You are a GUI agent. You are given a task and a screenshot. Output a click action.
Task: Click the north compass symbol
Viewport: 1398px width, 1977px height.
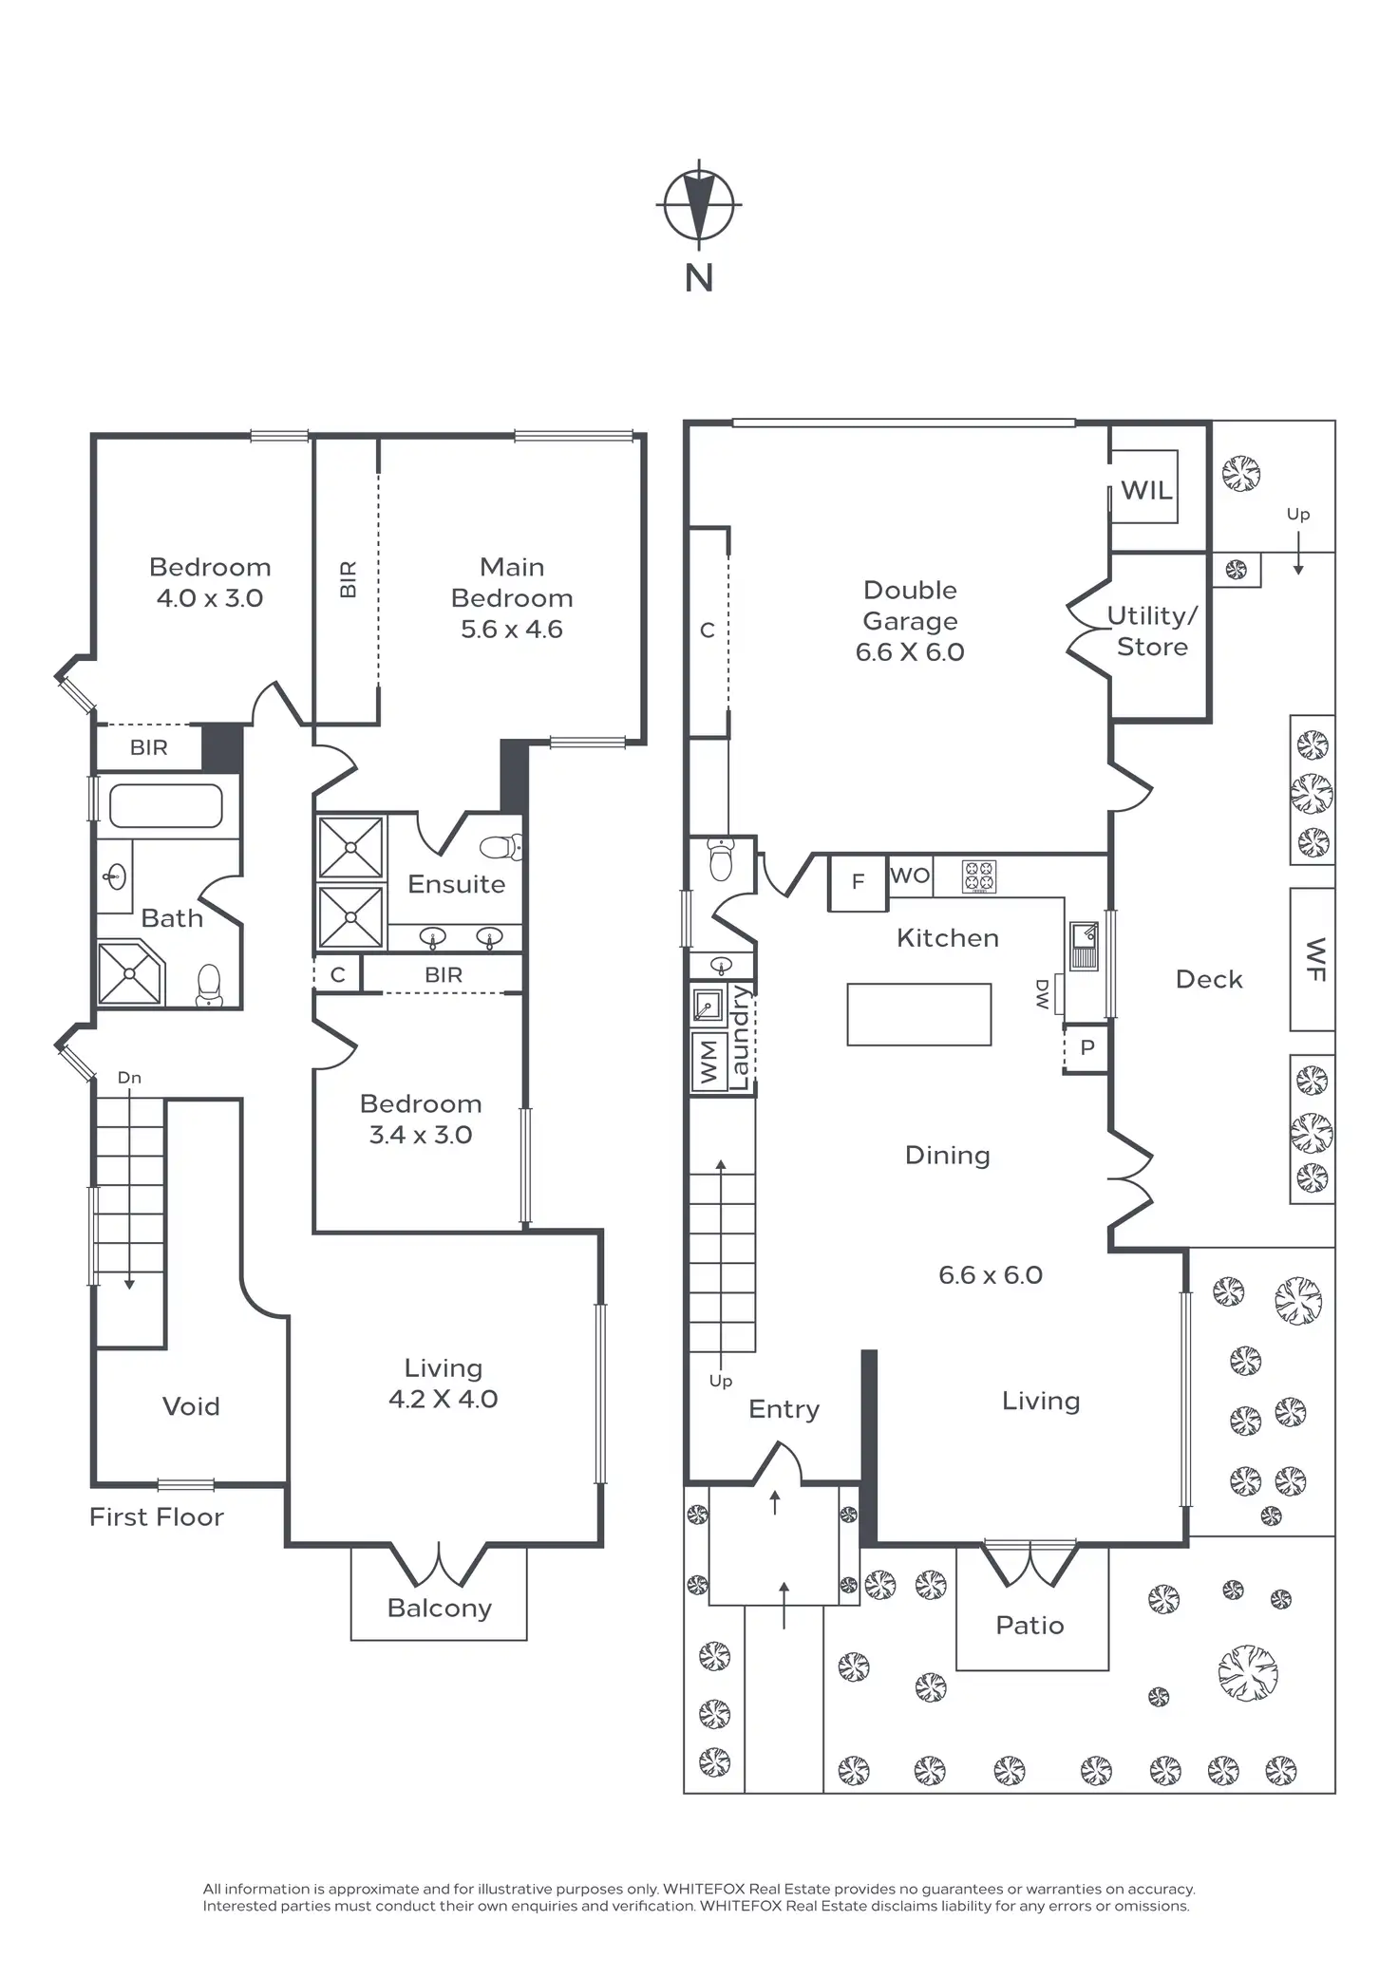point(699,204)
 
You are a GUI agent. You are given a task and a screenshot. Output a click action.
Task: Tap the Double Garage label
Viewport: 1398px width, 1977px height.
point(910,606)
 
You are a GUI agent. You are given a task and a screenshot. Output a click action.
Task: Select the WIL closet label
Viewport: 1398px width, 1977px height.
point(1146,490)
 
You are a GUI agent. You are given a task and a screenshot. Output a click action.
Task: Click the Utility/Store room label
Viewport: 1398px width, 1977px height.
point(1152,631)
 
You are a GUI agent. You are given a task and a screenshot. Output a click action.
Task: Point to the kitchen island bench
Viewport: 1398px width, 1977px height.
point(918,1014)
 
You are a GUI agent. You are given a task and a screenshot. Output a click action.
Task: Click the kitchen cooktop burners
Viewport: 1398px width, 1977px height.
point(979,876)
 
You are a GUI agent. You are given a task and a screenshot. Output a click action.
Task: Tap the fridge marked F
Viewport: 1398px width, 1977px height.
point(858,882)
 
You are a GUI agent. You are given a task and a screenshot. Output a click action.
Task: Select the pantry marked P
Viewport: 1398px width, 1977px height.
point(1087,1048)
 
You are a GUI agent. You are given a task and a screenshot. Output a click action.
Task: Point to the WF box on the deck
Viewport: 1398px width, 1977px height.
point(1313,959)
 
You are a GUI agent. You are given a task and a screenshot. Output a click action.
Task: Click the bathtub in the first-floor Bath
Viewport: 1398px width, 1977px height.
point(166,807)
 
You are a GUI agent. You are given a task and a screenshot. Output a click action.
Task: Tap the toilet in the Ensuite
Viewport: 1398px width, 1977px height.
point(501,846)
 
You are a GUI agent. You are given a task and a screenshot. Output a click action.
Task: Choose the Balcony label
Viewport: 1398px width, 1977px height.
point(439,1608)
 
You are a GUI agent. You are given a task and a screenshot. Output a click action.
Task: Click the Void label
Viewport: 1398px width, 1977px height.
point(191,1406)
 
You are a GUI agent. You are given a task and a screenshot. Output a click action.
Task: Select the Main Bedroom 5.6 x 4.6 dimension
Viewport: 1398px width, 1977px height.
point(511,629)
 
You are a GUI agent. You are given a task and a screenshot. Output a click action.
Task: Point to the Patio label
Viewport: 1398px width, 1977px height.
point(1030,1625)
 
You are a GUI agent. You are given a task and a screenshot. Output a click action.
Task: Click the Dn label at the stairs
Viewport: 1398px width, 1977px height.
point(129,1078)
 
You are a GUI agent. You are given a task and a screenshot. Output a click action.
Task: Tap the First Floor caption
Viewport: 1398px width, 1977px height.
point(157,1516)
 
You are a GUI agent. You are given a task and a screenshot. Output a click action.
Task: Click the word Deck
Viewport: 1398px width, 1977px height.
point(1208,979)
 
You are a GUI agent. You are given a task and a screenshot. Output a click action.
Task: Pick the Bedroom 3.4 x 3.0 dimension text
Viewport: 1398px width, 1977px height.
point(420,1135)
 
